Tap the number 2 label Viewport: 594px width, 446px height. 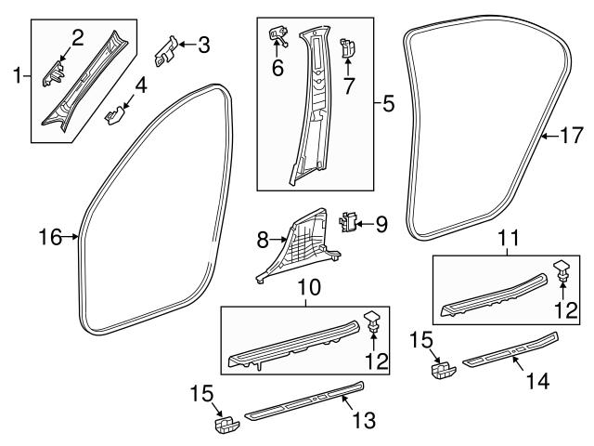[x=79, y=37]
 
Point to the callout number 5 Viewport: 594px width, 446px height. [x=389, y=105]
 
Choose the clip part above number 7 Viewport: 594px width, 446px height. [x=348, y=47]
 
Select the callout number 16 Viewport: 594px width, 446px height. [x=48, y=238]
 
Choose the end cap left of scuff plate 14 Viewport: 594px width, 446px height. [x=440, y=370]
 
